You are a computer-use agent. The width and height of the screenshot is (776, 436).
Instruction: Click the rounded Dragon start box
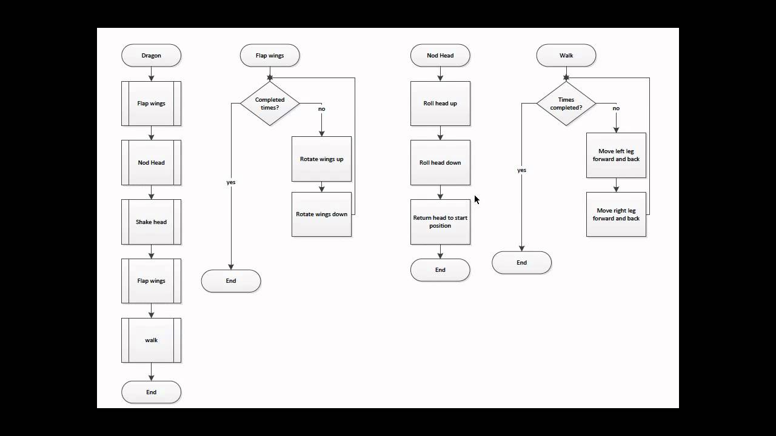(x=151, y=55)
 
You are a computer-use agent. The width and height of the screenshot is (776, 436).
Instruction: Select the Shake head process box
(x=151, y=222)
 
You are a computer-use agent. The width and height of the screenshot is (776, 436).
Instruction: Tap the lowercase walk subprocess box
(x=151, y=340)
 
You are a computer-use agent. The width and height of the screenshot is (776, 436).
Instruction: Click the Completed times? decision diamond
(x=270, y=104)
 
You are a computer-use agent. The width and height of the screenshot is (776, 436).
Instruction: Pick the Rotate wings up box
(x=321, y=159)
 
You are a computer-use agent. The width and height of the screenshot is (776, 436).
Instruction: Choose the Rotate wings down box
(x=321, y=214)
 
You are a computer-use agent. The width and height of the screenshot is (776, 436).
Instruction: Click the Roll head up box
(x=440, y=104)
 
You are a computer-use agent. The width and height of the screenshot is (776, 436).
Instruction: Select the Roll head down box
(x=440, y=162)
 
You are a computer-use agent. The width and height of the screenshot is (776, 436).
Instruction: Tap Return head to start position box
(x=440, y=222)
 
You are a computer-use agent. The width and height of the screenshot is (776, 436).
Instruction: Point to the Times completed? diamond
(x=566, y=104)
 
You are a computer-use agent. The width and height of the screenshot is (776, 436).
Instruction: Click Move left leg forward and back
(x=616, y=155)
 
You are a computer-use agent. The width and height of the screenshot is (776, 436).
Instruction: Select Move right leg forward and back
(x=616, y=214)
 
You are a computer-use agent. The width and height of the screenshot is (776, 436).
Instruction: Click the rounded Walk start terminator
(x=566, y=55)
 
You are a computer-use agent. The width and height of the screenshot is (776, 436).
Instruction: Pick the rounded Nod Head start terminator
(x=440, y=55)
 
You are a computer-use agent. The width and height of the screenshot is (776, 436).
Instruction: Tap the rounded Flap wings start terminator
(x=270, y=55)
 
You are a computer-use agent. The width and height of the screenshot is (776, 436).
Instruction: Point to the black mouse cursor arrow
(x=477, y=199)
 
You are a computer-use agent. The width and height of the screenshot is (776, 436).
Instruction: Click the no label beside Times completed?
(x=616, y=108)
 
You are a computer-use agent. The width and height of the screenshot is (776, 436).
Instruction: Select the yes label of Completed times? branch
(x=231, y=182)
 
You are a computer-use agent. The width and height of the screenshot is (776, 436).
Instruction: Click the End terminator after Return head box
(x=440, y=270)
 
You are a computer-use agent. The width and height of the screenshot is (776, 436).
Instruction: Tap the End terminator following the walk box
(x=151, y=392)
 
